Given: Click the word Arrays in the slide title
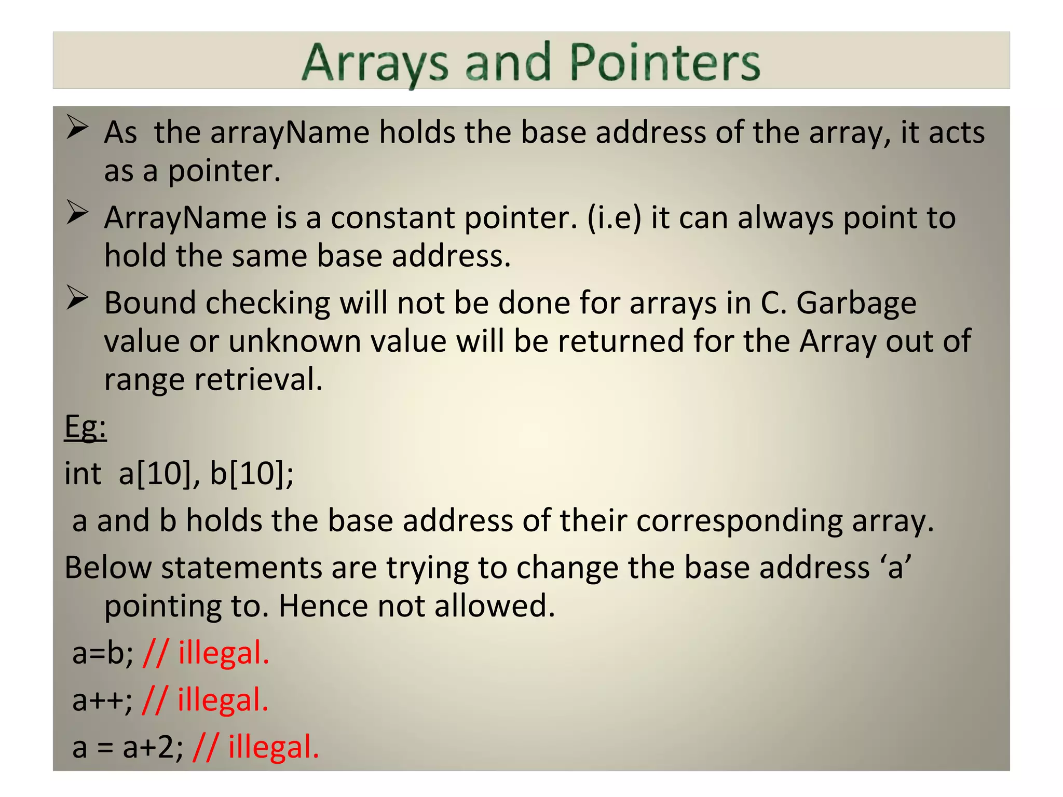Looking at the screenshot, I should tap(375, 63).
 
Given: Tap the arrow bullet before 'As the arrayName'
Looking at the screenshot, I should tap(77, 127).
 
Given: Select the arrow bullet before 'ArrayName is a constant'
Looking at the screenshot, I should tap(77, 213).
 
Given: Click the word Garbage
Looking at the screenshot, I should tap(856, 303).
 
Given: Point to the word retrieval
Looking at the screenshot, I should tap(258, 380).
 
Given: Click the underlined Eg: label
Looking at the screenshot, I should tap(85, 428).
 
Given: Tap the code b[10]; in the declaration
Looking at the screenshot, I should tap(251, 473).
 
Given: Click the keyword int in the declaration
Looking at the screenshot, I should tap(83, 473).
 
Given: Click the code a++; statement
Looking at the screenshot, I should tap(102, 700).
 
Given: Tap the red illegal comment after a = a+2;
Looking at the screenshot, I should tap(255, 748).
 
